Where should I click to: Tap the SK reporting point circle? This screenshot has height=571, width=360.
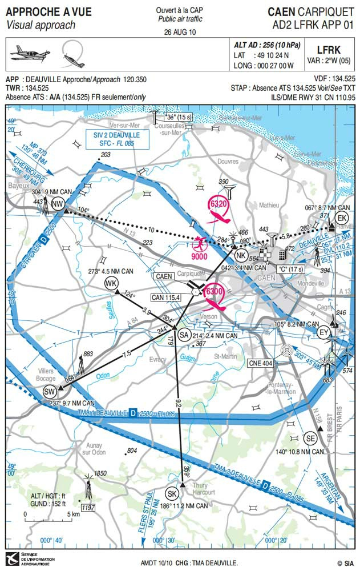point(172,494)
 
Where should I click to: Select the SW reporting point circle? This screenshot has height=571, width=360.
point(49,392)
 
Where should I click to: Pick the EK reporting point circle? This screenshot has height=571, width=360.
point(342,219)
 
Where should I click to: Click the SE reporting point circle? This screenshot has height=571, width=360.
point(310,439)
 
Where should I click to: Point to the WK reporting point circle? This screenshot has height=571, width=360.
point(111,283)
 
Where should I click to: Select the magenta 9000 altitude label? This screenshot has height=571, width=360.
point(199,256)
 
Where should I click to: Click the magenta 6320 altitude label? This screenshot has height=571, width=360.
point(219,203)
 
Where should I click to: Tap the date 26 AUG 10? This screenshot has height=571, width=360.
point(180,32)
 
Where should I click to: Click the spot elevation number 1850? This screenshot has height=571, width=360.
point(100,473)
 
